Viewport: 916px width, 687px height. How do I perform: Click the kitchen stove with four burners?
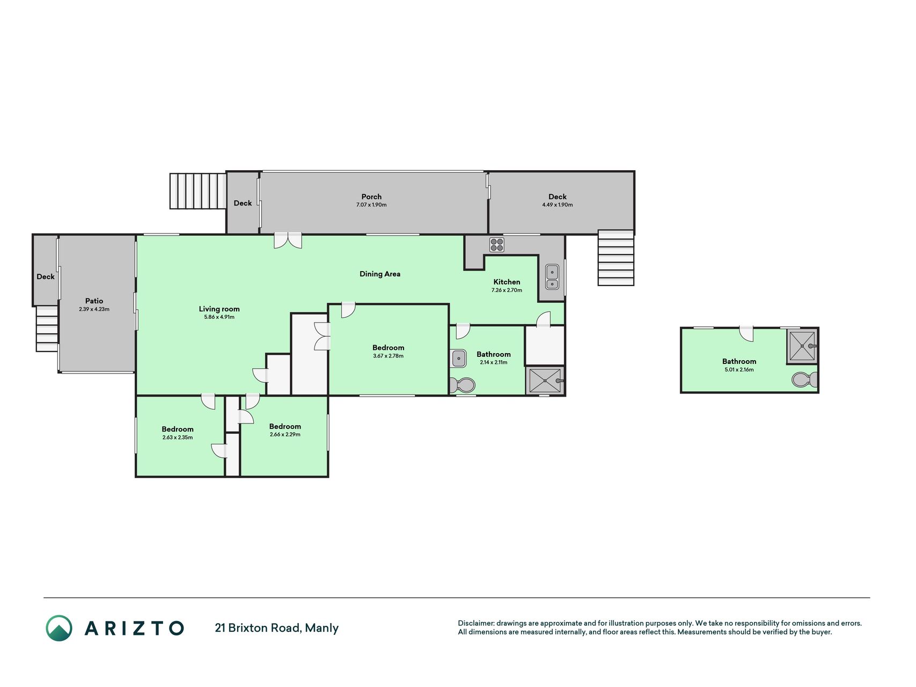coord(497,245)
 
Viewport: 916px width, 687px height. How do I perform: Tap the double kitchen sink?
coord(552,277)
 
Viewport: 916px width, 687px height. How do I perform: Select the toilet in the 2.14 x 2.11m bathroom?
coord(462,385)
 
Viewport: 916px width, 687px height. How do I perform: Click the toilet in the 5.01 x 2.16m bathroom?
coord(804,379)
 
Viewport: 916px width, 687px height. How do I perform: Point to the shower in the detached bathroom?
coord(802,346)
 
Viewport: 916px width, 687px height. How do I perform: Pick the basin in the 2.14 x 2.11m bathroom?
coord(458,358)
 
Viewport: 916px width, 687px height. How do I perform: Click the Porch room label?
coord(371,197)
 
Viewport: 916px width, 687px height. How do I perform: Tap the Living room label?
coord(219,309)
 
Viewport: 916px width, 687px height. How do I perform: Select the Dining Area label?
coord(380,274)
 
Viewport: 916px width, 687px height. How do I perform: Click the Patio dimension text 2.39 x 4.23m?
coord(94,309)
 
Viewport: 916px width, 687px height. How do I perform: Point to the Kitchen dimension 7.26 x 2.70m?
coord(507,290)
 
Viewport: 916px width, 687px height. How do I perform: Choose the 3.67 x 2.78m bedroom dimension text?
coord(388,356)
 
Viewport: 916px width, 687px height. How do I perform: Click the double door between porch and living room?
coord(288,240)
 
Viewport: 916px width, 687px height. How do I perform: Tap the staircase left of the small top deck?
coord(198,191)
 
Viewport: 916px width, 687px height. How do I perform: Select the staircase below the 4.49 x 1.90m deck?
coord(616,258)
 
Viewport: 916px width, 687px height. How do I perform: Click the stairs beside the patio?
coord(47,328)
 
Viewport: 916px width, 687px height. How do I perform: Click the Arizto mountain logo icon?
coord(59,628)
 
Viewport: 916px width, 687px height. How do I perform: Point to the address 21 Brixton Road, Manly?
coord(277,628)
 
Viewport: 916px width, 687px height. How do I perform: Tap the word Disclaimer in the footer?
coord(475,623)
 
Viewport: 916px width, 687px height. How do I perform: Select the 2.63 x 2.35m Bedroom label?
coord(178,429)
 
